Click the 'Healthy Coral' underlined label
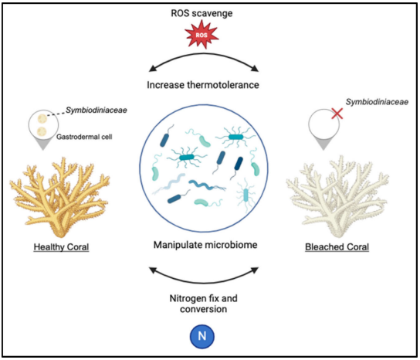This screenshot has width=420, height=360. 60,247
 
